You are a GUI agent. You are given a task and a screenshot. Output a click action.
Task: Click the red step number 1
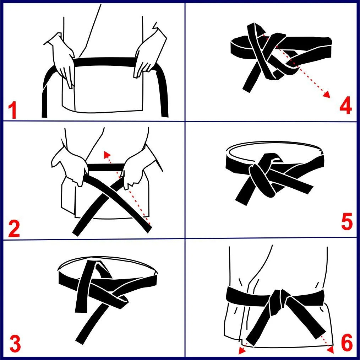tap(13, 111)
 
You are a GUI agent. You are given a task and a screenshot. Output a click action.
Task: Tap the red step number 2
tap(14, 229)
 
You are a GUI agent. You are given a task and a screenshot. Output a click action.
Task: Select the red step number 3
tap(15, 344)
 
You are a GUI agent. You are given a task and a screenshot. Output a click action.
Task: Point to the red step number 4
tap(346, 106)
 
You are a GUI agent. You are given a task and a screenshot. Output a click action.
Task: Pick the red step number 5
tap(347, 221)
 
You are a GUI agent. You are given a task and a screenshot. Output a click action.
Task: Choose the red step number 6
tap(347, 342)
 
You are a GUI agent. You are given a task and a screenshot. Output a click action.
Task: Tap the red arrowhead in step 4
tap(327, 94)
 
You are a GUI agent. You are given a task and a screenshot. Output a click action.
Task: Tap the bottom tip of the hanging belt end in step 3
tap(80, 342)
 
